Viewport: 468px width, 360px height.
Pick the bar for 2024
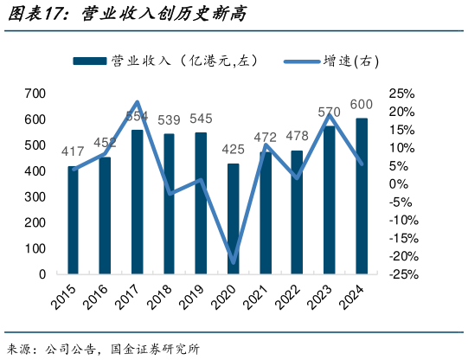point(361,196)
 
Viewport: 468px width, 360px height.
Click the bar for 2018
point(170,204)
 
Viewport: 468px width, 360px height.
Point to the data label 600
point(362,105)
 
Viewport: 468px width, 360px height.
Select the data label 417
point(73,152)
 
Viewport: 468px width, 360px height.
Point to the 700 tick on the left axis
point(35,93)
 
